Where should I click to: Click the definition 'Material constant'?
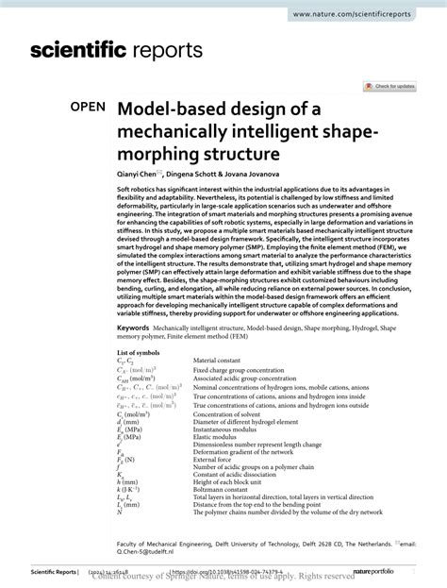coord(220,360)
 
